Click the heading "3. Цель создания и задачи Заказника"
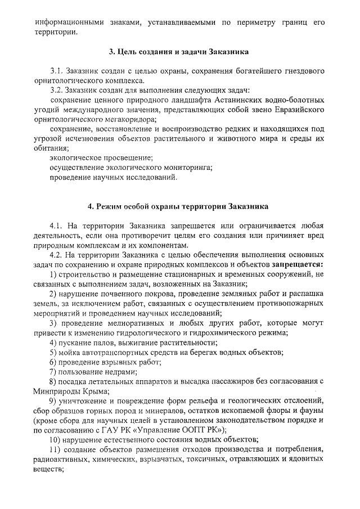point(179,52)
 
